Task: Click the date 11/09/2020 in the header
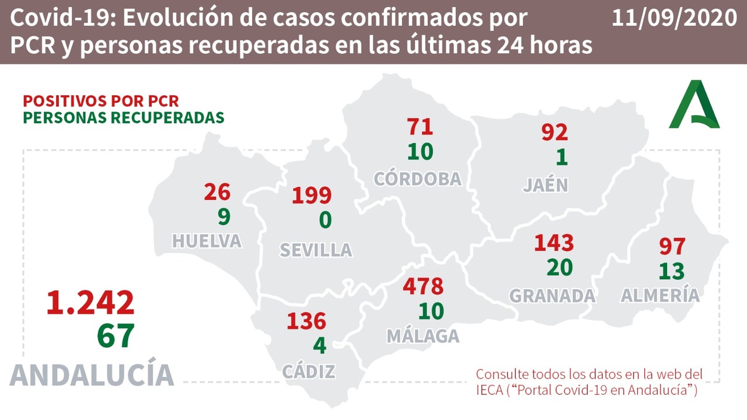pos(674,18)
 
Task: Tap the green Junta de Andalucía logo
pos(694,105)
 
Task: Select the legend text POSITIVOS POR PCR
pos(101,100)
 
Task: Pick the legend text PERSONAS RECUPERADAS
pos(123,117)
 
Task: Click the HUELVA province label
pos(207,241)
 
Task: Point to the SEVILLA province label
pos(316,250)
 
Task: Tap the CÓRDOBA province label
pos(417,179)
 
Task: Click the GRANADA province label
pos(552,296)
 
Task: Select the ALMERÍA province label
pos(659,295)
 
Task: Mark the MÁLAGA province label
pos(423,336)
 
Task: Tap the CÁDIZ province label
pos(309,371)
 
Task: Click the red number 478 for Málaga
pos(423,286)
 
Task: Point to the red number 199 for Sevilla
pos(311,196)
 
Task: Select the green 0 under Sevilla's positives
pos(325,220)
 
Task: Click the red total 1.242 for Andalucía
pos(90,303)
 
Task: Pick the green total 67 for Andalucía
pos(116,335)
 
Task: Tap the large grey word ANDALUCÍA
pos(92,375)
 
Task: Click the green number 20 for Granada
pos(560,267)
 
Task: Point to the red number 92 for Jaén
pos(554,132)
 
